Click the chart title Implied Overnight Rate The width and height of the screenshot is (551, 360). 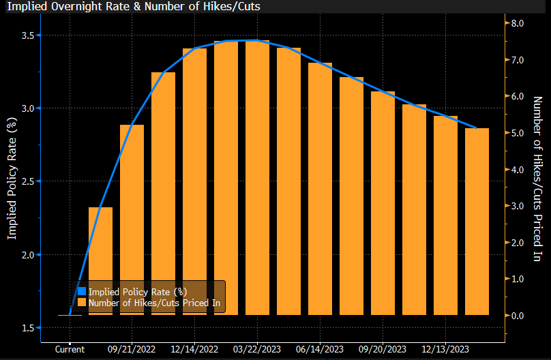[134, 7]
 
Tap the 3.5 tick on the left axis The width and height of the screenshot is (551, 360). [27, 35]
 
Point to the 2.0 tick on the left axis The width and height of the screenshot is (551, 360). [27, 255]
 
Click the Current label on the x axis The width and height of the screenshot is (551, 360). [70, 348]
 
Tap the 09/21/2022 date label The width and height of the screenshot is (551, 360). [132, 348]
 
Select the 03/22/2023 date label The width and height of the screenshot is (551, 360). [257, 348]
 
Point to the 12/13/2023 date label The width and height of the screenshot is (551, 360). [445, 348]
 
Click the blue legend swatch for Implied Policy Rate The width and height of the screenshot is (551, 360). [82, 292]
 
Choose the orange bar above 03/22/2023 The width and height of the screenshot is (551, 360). [257, 177]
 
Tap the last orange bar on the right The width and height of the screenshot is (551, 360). [477, 222]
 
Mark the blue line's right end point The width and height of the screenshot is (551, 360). [477, 127]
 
